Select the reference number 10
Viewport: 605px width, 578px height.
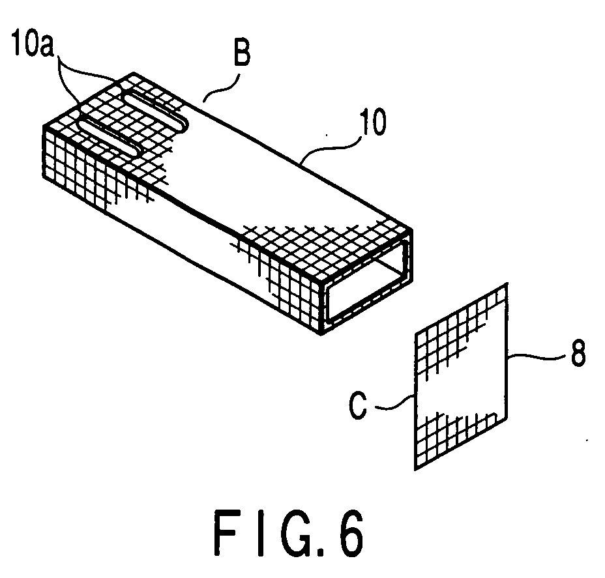tap(372, 122)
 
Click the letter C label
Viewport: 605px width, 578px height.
tap(358, 405)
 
